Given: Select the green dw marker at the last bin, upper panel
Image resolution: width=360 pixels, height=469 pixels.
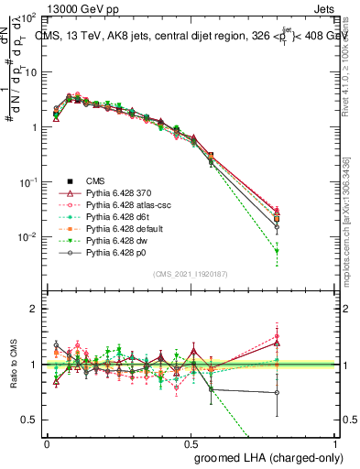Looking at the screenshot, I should pos(278,251).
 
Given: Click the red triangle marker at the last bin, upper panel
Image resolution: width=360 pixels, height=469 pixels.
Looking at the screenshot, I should pos(278,210).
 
